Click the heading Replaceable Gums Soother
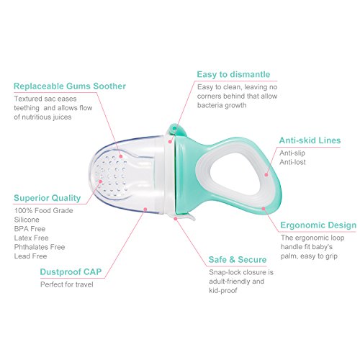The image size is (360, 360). point(70,86)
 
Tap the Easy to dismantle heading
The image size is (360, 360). point(233,74)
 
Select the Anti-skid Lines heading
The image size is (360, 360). point(310,140)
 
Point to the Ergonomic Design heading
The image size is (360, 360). point(318,225)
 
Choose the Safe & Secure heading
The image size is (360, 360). point(238,260)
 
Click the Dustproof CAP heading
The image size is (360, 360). point(71,272)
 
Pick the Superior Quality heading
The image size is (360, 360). point(48,198)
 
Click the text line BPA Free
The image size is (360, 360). point(30,229)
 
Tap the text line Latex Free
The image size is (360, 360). point(31,238)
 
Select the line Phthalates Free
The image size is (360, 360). point(40,247)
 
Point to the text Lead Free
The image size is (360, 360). point(30,256)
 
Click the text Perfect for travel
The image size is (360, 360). point(67,284)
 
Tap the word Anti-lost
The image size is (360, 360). point(292,162)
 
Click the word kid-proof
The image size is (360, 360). point(223,291)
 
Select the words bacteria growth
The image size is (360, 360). point(222,105)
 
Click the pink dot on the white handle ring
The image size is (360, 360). point(266,175)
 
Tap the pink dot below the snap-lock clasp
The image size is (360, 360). point(176,219)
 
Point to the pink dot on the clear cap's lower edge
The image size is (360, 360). point(145,210)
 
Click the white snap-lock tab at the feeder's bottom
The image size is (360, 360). point(185,216)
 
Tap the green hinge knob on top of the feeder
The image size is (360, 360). point(176,130)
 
